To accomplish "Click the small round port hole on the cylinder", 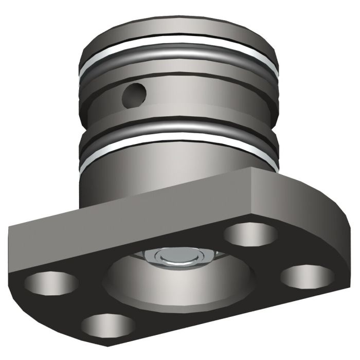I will pyautogui.click(x=135, y=93).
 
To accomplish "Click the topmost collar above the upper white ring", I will pyautogui.click(x=180, y=39).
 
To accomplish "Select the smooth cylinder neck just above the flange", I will pyautogui.click(x=154, y=175).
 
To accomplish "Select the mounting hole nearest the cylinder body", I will pyautogui.click(x=251, y=235).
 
